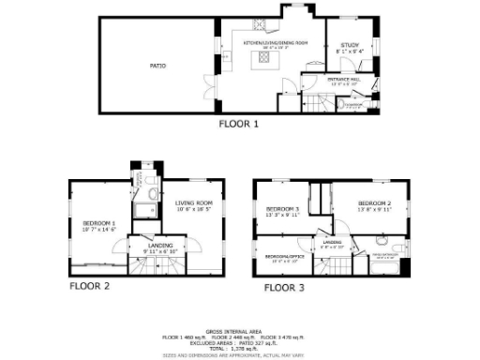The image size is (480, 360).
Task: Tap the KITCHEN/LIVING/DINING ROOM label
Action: tap(276, 43)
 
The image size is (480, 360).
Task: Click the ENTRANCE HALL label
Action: tap(344, 81)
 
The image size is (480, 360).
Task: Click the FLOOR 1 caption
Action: tap(238, 123)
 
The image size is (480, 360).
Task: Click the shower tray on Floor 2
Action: tap(146, 208)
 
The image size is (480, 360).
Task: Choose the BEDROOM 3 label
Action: tap(282, 208)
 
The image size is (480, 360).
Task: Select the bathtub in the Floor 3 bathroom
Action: tap(385, 267)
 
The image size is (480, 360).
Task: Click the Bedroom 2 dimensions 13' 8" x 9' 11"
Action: tap(374, 213)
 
